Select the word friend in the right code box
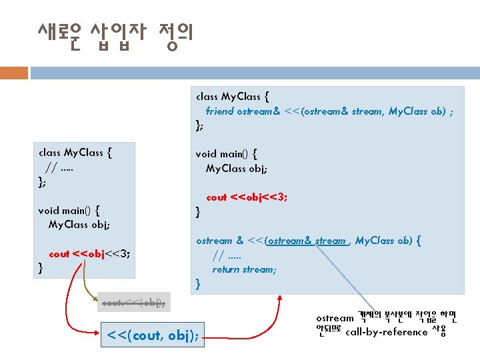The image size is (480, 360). click(219, 111)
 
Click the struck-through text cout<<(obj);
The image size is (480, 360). click(133, 303)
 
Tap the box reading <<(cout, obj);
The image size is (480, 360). click(153, 333)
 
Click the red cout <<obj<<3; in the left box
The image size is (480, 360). click(89, 253)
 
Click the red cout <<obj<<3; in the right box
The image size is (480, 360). click(247, 197)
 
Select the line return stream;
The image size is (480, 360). click(244, 269)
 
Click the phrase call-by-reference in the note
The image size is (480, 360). click(386, 332)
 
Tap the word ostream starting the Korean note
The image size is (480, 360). click(335, 318)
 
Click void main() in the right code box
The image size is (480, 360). click(226, 153)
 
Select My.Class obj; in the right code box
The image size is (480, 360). click(237, 168)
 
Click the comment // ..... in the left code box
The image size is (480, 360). click(59, 166)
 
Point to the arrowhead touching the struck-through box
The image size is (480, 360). click(101, 295)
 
